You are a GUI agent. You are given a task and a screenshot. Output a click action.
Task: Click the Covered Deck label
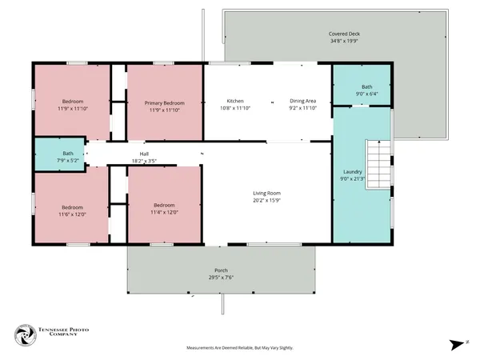click(344, 34)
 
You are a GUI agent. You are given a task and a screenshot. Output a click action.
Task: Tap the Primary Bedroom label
click(165, 102)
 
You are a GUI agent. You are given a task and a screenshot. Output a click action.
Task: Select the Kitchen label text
click(235, 101)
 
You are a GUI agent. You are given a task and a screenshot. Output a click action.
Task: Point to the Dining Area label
click(303, 101)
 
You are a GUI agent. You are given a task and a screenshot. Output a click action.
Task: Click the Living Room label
click(267, 193)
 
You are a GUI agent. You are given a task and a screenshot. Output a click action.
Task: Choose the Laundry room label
click(353, 172)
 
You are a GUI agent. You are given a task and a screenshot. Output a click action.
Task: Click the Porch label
click(221, 270)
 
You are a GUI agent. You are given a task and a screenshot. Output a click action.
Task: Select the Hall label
click(144, 154)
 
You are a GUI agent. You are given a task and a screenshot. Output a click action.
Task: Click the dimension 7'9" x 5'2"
click(69, 161)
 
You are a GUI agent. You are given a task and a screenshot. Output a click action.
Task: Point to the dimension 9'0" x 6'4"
click(366, 94)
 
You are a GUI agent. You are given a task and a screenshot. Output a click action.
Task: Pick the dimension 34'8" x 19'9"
click(344, 41)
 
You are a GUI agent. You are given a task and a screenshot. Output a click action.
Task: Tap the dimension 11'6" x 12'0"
click(72, 214)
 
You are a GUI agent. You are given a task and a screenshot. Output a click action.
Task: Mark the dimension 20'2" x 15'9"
click(267, 200)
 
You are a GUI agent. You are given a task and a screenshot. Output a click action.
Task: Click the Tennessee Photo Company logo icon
click(26, 334)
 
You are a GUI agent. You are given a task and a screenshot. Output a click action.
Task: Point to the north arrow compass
click(457, 345)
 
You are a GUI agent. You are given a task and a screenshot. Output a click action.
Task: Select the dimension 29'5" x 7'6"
click(221, 278)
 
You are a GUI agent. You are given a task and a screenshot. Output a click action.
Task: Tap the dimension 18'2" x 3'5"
click(144, 162)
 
